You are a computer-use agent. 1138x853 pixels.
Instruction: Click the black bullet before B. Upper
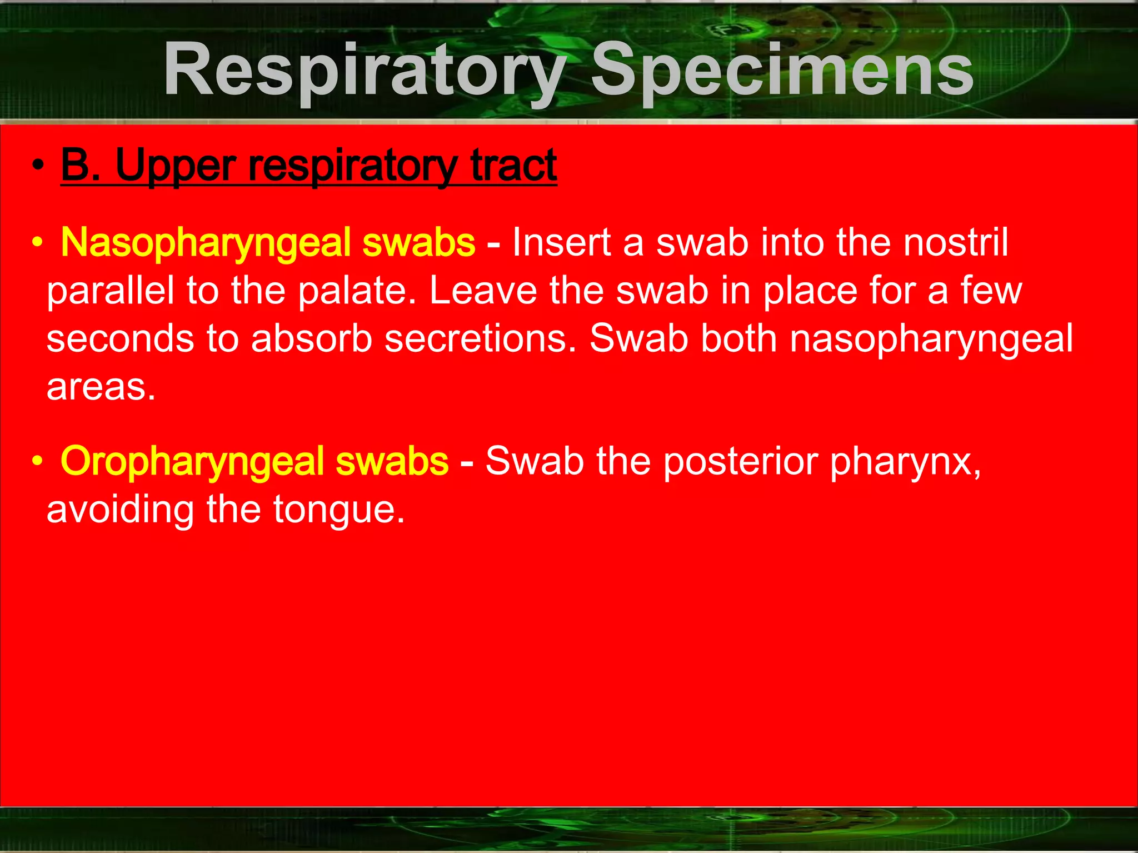[38, 166]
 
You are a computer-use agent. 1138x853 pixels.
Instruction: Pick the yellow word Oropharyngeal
[192, 461]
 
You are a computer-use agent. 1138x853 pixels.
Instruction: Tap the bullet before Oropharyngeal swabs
[38, 461]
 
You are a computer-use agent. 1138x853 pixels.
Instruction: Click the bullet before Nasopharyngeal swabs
[38, 243]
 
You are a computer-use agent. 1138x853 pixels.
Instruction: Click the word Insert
[561, 242]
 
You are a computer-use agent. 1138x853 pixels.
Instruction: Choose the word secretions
[481, 338]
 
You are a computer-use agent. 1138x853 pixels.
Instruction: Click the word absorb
[311, 338]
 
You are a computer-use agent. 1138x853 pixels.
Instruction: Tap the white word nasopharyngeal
[931, 340]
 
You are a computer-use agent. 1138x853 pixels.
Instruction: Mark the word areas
[101, 387]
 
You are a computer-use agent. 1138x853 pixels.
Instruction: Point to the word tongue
[338, 510]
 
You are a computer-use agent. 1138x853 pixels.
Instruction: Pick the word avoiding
[120, 510]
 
